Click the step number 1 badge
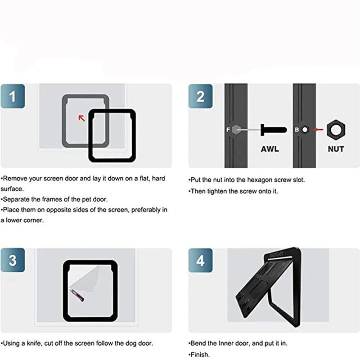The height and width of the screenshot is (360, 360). [13, 96]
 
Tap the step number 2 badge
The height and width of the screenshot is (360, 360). [200, 96]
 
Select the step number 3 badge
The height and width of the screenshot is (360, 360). [13, 260]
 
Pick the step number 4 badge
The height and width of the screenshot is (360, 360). [200, 261]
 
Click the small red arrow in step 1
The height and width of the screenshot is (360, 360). [82, 118]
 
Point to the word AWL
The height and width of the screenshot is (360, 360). [270, 149]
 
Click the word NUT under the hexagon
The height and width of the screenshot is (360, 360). [336, 149]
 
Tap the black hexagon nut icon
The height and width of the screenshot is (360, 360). [336, 130]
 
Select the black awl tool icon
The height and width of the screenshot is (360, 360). [274, 130]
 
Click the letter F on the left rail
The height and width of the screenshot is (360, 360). [228, 130]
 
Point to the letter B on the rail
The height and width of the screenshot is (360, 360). [297, 130]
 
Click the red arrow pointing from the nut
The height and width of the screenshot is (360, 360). [318, 130]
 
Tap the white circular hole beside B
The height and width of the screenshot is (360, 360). [305, 130]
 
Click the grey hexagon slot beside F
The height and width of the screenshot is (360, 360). [236, 130]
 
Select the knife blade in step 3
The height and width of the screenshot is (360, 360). [77, 296]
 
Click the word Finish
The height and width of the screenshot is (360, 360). [200, 355]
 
